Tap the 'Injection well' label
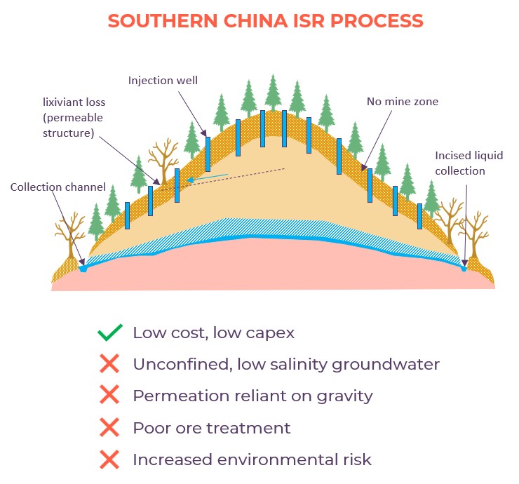(x=163, y=81)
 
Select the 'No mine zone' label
(x=403, y=102)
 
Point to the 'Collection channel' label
(x=58, y=187)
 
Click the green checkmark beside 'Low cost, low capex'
(x=109, y=332)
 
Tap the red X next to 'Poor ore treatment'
(x=109, y=427)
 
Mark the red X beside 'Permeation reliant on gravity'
(x=109, y=396)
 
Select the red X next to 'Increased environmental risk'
(x=109, y=459)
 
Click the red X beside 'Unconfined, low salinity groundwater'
(x=109, y=364)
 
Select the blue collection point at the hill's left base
(x=83, y=267)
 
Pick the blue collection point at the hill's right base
(x=464, y=267)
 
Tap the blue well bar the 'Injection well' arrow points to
(x=208, y=154)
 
